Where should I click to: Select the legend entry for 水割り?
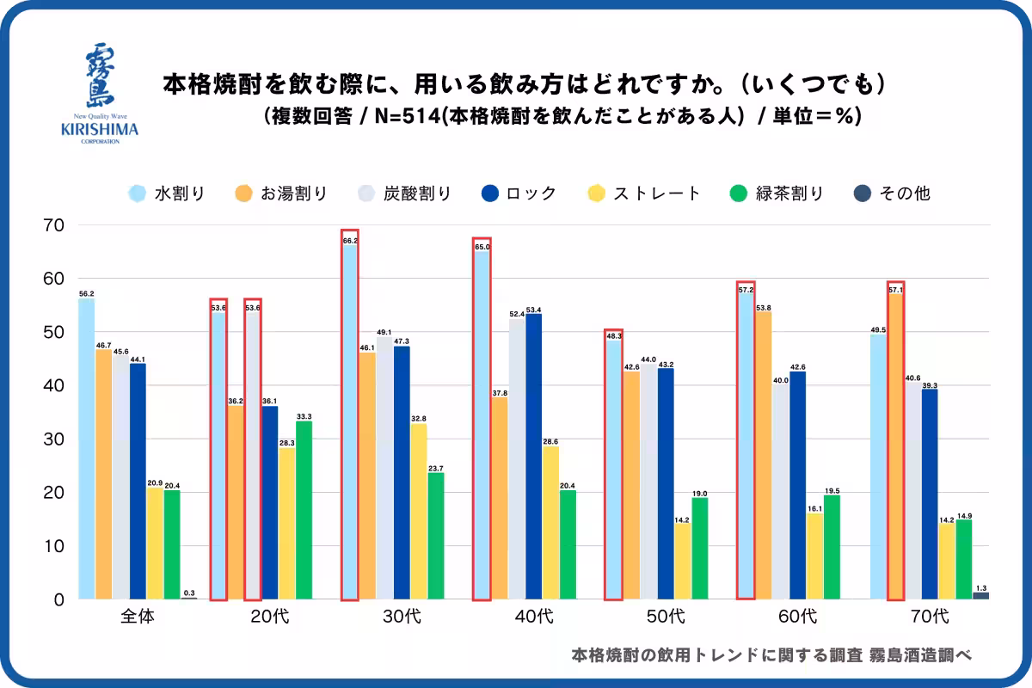(x=168, y=193)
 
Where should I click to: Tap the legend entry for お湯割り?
(x=281, y=193)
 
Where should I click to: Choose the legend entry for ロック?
(x=519, y=193)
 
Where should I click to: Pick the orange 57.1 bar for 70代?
(x=895, y=443)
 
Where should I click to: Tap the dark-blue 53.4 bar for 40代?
(x=533, y=456)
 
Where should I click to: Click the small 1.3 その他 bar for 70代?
(x=980, y=595)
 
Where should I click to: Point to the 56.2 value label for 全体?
(x=86, y=293)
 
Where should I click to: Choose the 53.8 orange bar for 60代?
(x=763, y=454)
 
